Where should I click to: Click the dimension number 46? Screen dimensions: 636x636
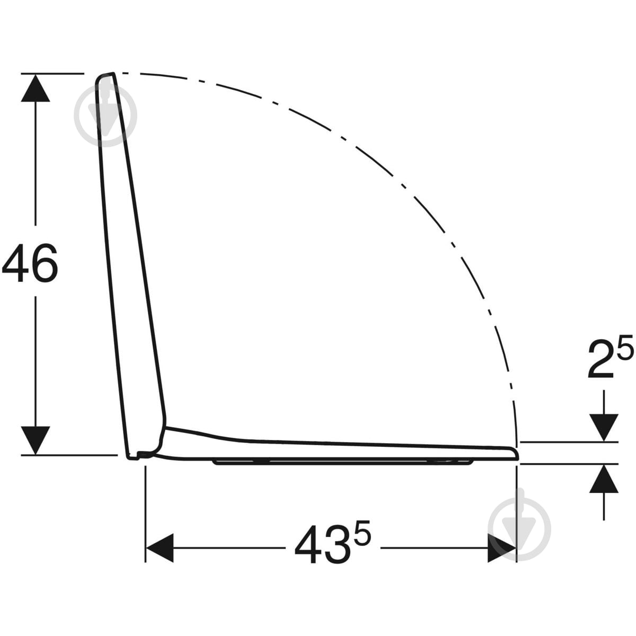coord(30,263)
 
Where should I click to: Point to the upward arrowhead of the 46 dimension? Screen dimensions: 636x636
coord(36,89)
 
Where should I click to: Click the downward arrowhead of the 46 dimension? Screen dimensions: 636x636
coord(36,441)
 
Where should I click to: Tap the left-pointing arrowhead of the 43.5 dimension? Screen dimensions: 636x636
coord(160,548)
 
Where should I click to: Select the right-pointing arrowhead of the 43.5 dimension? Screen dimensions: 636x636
coord(502,548)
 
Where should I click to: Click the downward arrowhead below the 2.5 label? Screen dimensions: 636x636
coord(604,427)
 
